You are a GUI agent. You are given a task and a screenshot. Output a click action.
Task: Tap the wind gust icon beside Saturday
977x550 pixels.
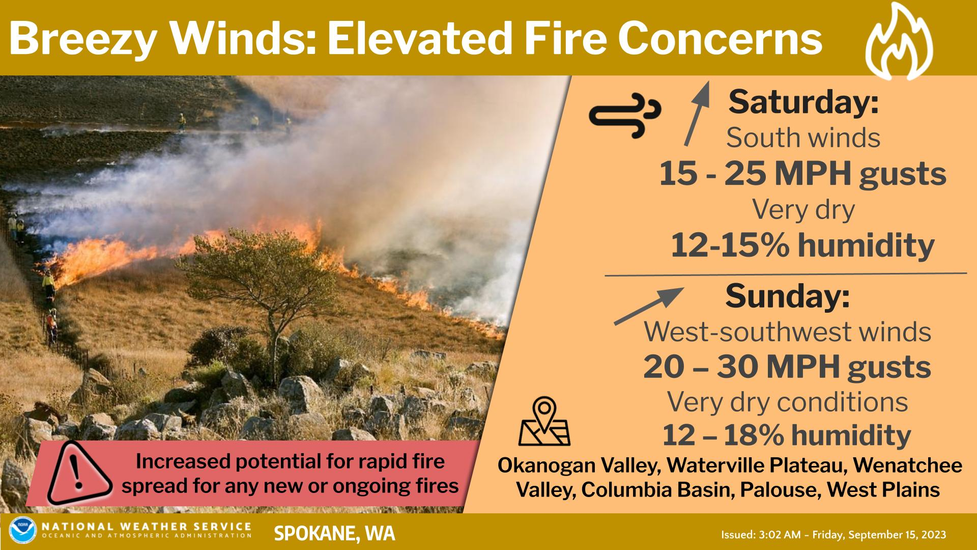[x=624, y=116]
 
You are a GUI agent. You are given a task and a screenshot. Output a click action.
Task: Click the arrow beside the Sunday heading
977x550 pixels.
[x=649, y=306]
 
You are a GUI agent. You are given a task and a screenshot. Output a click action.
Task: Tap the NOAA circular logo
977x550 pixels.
[x=23, y=530]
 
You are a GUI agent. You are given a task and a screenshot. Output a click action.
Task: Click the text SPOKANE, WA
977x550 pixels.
[x=334, y=533]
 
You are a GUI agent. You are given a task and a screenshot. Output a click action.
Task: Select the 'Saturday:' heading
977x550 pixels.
[x=803, y=102]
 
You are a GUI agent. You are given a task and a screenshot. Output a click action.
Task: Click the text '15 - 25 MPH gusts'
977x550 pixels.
[x=802, y=174]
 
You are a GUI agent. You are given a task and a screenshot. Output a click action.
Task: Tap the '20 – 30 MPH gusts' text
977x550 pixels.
[x=787, y=367]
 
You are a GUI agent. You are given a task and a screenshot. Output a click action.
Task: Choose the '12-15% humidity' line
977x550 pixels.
[x=802, y=245]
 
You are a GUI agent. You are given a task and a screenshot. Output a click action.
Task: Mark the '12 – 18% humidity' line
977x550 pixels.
[x=786, y=435]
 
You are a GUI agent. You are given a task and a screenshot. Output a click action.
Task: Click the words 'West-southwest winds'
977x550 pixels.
[x=788, y=332]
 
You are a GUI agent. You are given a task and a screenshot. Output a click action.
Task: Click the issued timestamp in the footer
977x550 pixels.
[x=834, y=535]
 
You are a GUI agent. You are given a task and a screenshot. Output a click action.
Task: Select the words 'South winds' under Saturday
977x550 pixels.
[x=803, y=138]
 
